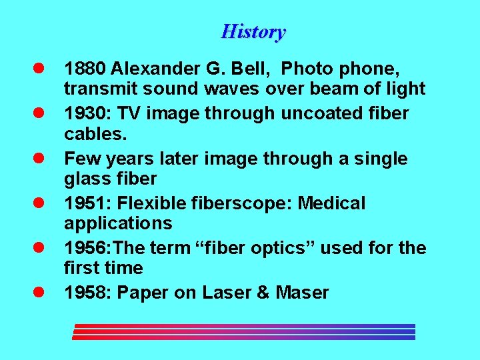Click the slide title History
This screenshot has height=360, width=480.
click(x=253, y=31)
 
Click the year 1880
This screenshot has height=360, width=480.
click(x=85, y=69)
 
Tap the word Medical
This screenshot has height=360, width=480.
click(x=331, y=203)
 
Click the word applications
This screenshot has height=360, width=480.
click(x=118, y=223)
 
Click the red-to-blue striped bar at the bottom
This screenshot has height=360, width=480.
click(x=243, y=331)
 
